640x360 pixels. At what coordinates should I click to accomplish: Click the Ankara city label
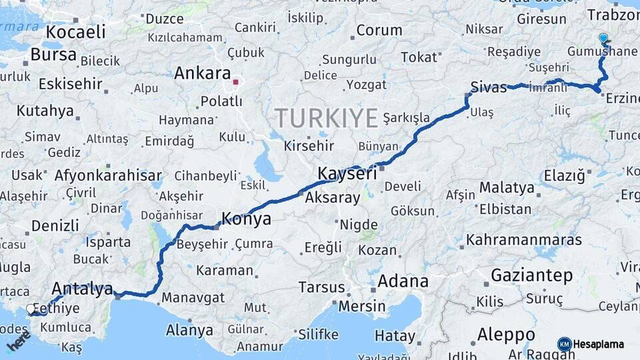[x=202, y=73]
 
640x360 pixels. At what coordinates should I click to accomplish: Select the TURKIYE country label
[x=327, y=118]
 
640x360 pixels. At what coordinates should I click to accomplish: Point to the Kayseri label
[x=347, y=173]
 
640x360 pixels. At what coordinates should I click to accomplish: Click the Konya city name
[x=246, y=219]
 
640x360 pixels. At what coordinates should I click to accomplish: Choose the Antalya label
[x=82, y=289]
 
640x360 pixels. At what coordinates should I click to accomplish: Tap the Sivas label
[x=489, y=86]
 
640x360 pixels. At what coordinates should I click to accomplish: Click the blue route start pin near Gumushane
[x=603, y=39]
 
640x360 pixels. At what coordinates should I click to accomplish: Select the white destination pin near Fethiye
[x=31, y=309]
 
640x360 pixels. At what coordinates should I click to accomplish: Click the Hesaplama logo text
[x=599, y=344]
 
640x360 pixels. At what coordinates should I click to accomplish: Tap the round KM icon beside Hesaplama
[x=564, y=344]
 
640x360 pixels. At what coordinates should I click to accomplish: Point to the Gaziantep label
[x=531, y=275]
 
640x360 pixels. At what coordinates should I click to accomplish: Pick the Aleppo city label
[x=506, y=334]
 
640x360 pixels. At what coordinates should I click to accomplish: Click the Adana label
[x=403, y=281]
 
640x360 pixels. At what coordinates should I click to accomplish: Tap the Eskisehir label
[x=70, y=84]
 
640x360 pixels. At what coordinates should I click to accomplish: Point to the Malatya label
[x=507, y=187]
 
